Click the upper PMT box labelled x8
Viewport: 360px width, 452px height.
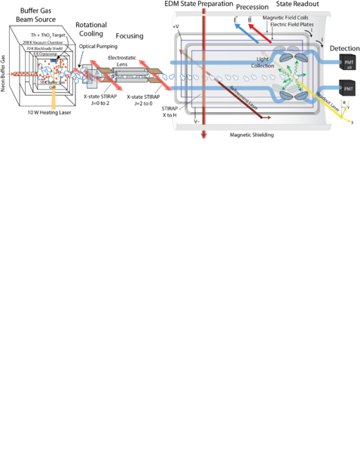click(x=348, y=61)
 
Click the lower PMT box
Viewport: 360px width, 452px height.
click(x=348, y=88)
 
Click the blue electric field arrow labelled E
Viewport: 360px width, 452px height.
click(x=240, y=28)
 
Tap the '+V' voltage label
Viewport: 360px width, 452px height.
click(x=176, y=27)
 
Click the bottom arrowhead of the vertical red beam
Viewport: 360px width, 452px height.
click(x=203, y=135)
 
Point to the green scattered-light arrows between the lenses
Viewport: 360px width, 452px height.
click(x=285, y=76)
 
